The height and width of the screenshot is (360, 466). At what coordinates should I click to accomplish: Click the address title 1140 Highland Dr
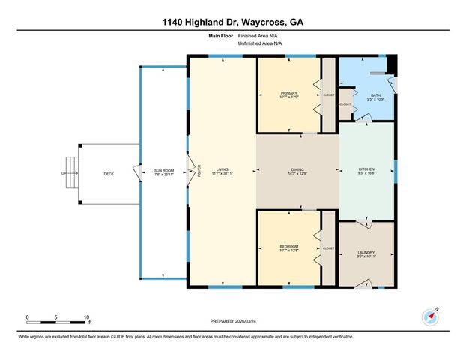[x=232, y=21]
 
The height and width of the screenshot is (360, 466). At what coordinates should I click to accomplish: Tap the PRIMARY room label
[x=289, y=93]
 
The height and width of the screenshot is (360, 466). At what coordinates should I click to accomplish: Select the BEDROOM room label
[x=289, y=247]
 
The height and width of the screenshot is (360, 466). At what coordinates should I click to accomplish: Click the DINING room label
[x=297, y=170]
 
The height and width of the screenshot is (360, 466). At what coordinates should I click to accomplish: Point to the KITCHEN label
[x=366, y=170]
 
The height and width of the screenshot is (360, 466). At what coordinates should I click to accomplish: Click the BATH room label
[x=376, y=95]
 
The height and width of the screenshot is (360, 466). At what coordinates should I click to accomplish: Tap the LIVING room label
[x=222, y=170]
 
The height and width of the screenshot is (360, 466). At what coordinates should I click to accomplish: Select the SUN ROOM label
[x=164, y=170]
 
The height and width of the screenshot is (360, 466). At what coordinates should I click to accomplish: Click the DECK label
[x=109, y=173]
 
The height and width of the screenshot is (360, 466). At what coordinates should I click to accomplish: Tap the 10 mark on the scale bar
[x=88, y=316]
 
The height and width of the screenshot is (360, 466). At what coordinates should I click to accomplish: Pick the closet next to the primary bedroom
[x=328, y=95]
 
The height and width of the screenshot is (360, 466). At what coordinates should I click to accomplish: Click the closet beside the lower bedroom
[x=328, y=247]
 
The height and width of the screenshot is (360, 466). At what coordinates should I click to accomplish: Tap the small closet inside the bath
[x=345, y=103]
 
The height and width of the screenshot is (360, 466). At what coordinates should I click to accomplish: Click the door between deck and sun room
[x=136, y=173]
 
